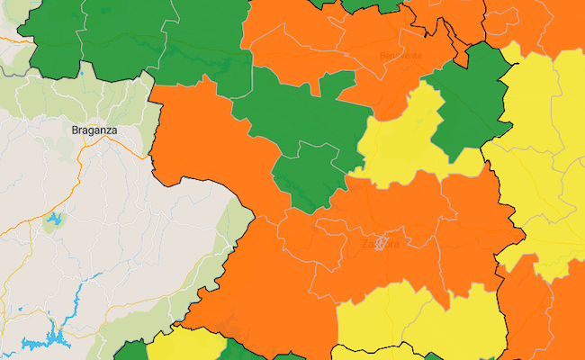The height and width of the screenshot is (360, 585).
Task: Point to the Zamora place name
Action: (380, 243)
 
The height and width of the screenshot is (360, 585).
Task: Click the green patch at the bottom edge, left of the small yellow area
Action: (131, 351)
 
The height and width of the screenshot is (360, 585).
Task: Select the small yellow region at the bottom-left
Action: (184, 346)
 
